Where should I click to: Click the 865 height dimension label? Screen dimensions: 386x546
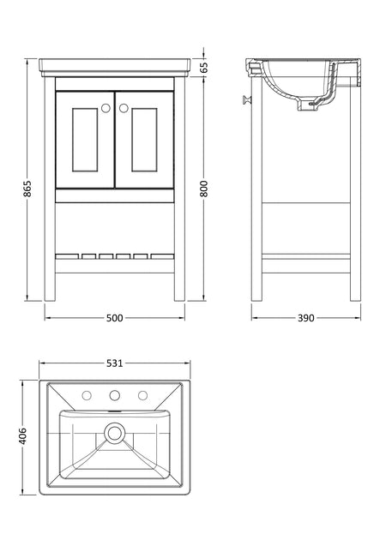point(27,189)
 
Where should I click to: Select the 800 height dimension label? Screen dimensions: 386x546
point(204,189)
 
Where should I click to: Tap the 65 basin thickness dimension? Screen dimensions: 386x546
point(204,67)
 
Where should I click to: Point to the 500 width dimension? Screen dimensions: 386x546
point(115,318)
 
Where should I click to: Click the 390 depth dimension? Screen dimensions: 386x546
point(306,318)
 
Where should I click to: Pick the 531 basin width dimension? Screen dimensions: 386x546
point(115,363)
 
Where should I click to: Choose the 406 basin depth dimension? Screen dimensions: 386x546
point(22,436)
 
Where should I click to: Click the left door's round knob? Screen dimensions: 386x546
point(106,108)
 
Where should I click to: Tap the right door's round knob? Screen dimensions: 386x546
point(124,108)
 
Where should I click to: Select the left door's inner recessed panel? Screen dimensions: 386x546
point(85,140)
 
